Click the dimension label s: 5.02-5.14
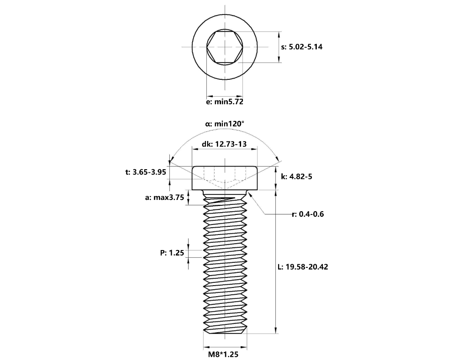click(302, 47)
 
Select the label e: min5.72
click(225, 102)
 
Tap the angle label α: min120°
click(225, 124)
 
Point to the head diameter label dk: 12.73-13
click(224, 144)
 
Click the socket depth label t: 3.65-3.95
click(145, 172)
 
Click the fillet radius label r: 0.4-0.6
click(308, 214)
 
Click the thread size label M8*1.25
click(224, 353)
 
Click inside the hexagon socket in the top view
click(225, 47)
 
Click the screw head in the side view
click(225, 178)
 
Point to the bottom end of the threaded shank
click(225, 332)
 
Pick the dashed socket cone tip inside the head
click(225, 189)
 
